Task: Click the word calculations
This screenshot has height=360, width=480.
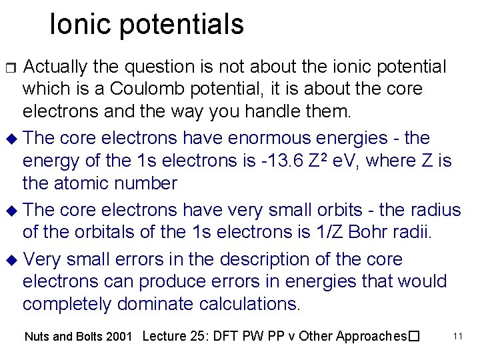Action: [249, 303]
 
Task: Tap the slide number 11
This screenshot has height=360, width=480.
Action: [457, 335]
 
